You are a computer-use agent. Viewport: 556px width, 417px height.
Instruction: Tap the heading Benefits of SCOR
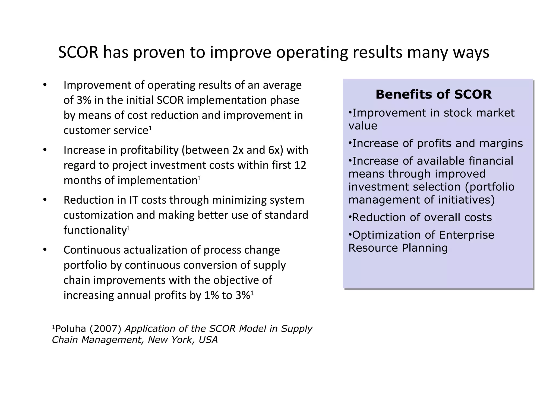click(x=434, y=94)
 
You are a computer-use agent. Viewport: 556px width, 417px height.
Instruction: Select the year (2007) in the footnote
click(x=105, y=329)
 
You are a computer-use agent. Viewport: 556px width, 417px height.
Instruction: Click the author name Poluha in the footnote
click(x=71, y=329)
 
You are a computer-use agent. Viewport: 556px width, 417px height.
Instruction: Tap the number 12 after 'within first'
click(x=300, y=165)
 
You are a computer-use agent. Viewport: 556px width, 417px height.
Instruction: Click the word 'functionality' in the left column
click(x=95, y=230)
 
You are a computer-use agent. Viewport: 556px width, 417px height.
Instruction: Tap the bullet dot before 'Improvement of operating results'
click(x=45, y=85)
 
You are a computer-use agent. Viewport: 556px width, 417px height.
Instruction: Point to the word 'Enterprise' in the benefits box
click(x=466, y=235)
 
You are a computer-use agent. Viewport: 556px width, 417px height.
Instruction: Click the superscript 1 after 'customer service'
click(x=150, y=128)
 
